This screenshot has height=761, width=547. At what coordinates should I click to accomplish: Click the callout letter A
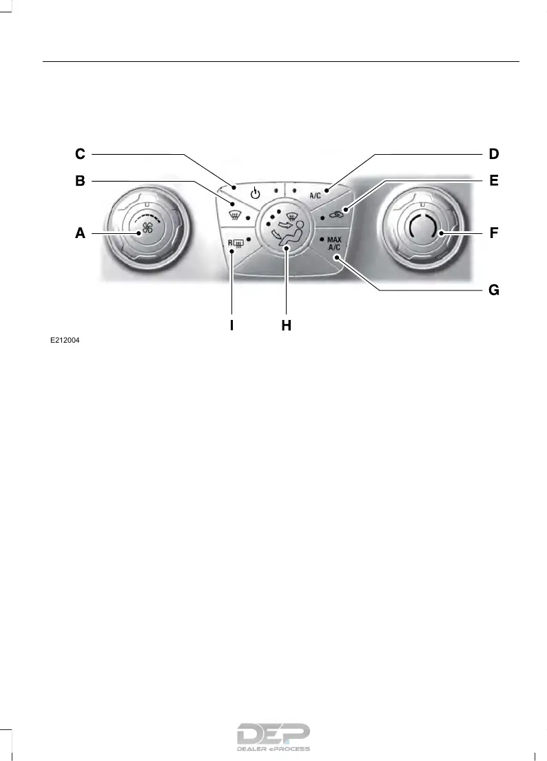(80, 233)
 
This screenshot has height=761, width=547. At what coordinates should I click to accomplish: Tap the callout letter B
(80, 182)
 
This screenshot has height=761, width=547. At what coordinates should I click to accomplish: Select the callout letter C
(80, 153)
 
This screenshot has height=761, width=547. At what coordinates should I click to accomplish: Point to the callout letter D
(493, 153)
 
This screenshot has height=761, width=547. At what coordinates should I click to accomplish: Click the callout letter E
(493, 182)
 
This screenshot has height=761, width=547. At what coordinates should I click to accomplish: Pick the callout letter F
(493, 233)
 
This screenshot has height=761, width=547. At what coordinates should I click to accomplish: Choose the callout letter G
(493, 290)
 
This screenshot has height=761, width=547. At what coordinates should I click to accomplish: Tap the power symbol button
(256, 193)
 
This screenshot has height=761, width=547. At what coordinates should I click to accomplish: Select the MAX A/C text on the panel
(333, 243)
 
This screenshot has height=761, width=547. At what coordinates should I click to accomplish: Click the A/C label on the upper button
(315, 195)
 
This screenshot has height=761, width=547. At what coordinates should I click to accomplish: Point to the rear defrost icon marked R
(236, 242)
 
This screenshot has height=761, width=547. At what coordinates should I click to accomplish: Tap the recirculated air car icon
(336, 215)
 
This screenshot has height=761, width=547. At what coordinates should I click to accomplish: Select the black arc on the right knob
(422, 228)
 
